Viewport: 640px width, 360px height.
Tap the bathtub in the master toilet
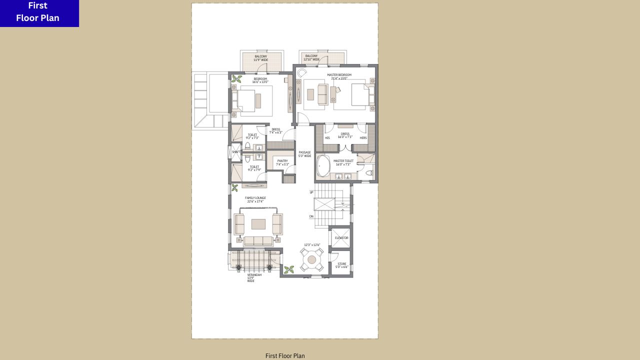pos(323,166)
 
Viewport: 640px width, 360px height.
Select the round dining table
pos(312,259)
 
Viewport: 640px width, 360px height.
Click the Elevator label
pos(341,238)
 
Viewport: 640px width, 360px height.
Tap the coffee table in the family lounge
pos(258,224)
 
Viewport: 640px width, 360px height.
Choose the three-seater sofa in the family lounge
pos(258,241)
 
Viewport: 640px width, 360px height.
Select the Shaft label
pos(236,152)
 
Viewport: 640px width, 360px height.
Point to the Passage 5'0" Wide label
pos(304,154)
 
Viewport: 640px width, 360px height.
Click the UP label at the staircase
pos(311,192)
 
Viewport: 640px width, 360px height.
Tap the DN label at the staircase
pos(311,216)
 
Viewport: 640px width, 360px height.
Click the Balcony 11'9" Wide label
pos(261,58)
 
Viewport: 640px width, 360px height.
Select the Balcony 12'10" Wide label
pos(311,57)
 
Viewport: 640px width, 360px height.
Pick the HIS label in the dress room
pos(327,138)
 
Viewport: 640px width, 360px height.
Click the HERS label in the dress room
pos(363,138)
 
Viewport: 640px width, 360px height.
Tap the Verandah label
pos(254,277)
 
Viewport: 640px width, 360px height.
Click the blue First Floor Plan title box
pos(39,13)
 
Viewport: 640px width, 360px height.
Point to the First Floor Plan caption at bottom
pos(285,356)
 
